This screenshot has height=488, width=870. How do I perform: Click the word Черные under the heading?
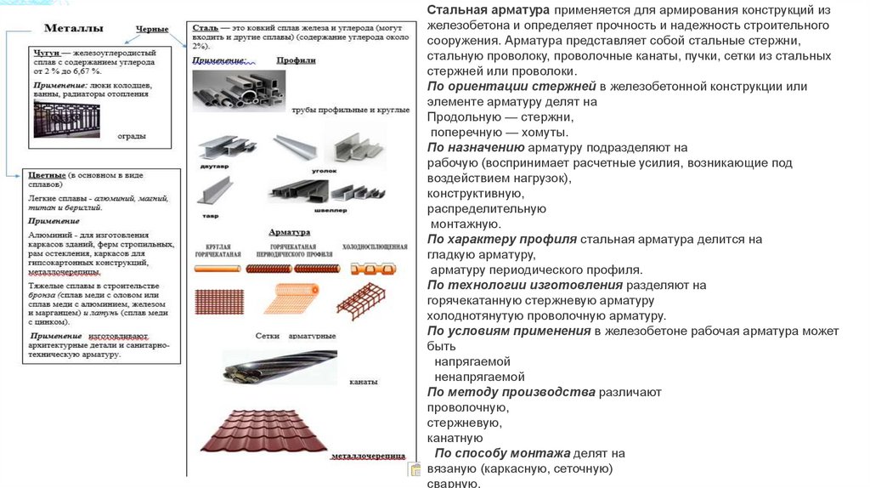pyautogui.click(x=152, y=29)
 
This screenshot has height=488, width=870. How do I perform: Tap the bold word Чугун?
pyautogui.click(x=49, y=53)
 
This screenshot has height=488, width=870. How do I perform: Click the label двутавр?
pyautogui.click(x=212, y=167)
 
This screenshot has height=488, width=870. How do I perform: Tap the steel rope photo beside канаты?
pyautogui.click(x=280, y=366)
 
